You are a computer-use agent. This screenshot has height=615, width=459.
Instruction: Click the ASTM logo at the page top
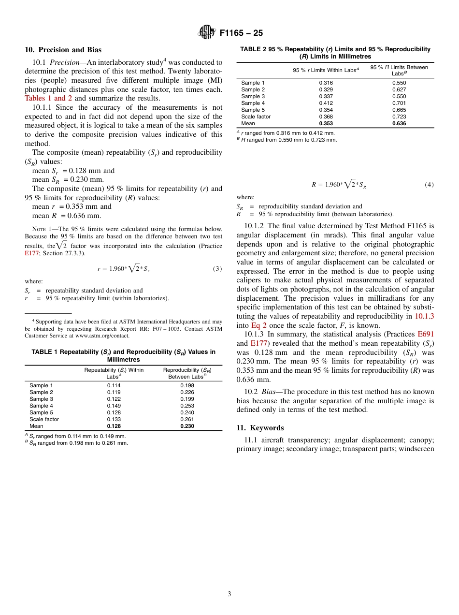click(x=206, y=32)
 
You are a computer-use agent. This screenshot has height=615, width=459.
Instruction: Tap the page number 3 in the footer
click(x=229, y=594)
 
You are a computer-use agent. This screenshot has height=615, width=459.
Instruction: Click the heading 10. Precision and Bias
click(x=63, y=50)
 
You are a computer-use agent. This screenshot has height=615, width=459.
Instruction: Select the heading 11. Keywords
click(x=260, y=428)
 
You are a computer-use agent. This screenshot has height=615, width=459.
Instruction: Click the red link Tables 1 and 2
click(x=48, y=98)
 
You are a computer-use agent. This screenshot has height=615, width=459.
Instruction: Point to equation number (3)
click(x=217, y=269)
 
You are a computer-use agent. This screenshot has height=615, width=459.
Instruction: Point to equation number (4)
click(x=429, y=185)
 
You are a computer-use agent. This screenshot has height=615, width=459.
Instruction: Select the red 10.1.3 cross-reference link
click(x=424, y=316)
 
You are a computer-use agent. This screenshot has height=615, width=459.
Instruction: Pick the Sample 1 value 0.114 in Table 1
click(x=114, y=385)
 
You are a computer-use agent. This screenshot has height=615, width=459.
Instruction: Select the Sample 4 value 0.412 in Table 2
click(x=326, y=103)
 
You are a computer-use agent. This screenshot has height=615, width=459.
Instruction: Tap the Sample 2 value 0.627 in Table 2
click(x=399, y=89)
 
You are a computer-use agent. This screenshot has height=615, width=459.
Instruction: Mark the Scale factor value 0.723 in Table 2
click(x=399, y=117)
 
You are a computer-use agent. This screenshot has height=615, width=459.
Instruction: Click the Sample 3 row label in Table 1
click(x=42, y=399)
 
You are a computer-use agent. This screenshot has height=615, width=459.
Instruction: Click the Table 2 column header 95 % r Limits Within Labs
click(x=326, y=70)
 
